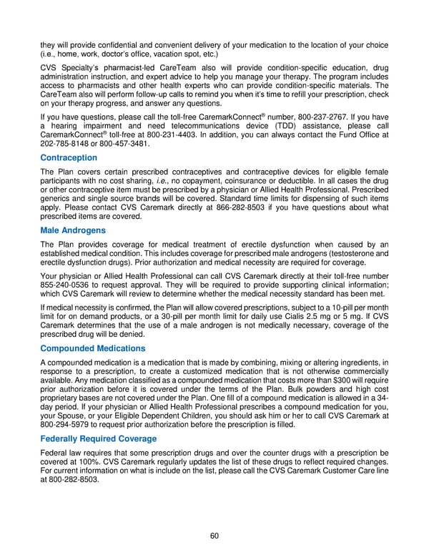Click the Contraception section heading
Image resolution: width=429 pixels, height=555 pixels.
point(69,157)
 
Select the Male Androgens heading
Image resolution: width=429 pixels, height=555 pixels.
point(73,232)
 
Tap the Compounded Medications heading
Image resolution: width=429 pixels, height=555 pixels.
point(93,348)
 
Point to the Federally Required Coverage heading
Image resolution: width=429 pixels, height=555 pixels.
point(99,438)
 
